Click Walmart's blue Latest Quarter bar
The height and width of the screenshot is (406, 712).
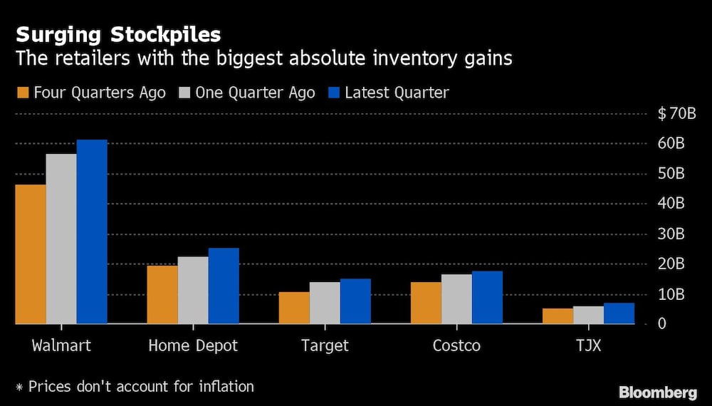(x=92, y=232)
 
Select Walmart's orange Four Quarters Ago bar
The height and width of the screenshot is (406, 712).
(x=31, y=254)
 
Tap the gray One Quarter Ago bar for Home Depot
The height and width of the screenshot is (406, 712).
(x=193, y=291)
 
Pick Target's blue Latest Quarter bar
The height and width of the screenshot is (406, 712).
(x=355, y=301)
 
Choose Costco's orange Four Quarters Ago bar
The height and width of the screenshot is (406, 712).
(x=426, y=303)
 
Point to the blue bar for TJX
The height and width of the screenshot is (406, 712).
(x=619, y=313)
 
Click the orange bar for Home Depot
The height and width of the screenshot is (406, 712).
(x=162, y=295)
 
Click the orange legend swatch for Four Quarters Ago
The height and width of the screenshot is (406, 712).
(x=23, y=93)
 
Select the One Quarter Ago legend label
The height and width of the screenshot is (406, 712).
(x=255, y=93)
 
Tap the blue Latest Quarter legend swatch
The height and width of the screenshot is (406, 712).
(x=334, y=93)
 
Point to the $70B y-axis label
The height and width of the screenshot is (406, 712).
(x=671, y=113)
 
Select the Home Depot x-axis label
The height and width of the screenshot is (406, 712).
(x=193, y=346)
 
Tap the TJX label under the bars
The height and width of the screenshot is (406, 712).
(x=588, y=346)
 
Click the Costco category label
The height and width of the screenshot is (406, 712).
(x=456, y=346)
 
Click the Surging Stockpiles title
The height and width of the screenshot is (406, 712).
(x=118, y=35)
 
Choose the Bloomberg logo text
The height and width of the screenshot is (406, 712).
(x=657, y=392)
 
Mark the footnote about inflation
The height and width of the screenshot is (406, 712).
(x=135, y=387)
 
